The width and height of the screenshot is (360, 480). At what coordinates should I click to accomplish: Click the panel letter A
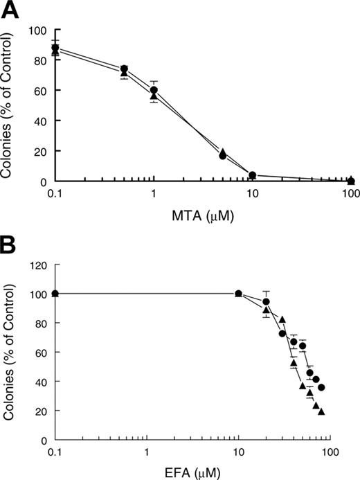click(8, 9)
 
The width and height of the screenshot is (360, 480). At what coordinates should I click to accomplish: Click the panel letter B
click(8, 246)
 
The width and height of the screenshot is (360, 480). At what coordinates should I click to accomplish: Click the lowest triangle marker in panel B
click(322, 411)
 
